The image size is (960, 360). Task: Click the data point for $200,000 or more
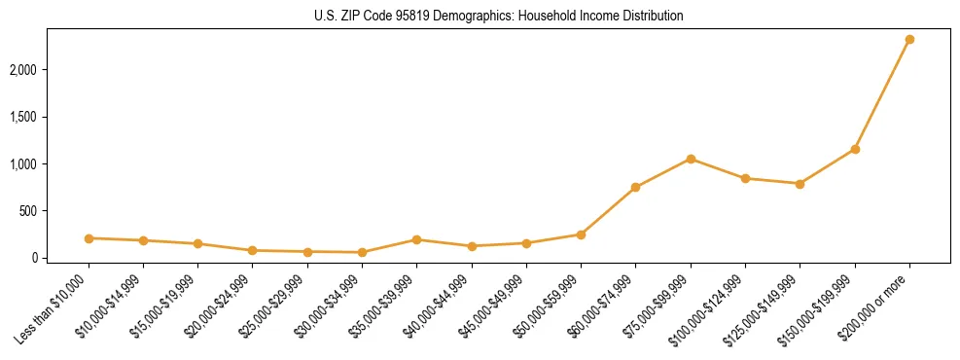point(909,40)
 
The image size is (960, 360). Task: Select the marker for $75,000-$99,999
point(691,159)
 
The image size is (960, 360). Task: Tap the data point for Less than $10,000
point(89,238)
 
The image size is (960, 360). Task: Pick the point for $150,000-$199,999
point(855,149)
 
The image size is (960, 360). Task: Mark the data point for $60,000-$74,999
point(635,187)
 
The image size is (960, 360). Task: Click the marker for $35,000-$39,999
point(416,239)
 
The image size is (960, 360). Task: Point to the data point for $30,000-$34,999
point(362,252)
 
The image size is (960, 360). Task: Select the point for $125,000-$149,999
point(800,184)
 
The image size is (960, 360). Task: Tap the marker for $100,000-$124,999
point(745,178)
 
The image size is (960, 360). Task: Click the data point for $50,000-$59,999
point(581,234)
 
